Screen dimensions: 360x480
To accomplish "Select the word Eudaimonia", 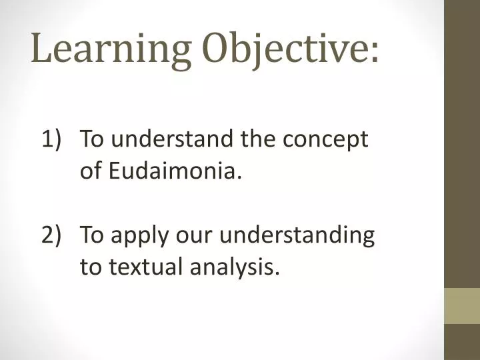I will point(173,171).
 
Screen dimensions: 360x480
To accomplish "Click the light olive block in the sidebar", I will point(462,306).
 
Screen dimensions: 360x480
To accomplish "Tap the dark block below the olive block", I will point(462,342).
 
